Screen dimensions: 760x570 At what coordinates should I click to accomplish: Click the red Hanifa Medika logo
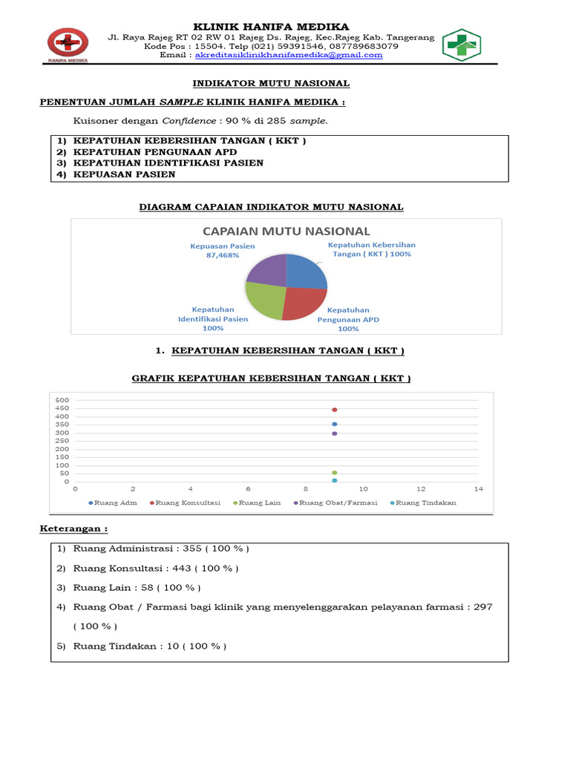(68, 45)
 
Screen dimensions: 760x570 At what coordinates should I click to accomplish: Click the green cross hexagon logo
(462, 45)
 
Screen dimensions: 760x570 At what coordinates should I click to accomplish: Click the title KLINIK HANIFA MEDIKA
(271, 27)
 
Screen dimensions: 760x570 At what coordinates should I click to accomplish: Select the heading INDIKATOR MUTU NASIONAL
(271, 84)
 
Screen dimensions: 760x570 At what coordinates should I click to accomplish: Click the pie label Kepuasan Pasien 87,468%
(222, 251)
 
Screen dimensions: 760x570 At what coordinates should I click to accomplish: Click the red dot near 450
(335, 410)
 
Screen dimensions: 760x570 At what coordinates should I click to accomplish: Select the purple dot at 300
(335, 433)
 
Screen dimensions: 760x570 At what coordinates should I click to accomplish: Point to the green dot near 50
(335, 473)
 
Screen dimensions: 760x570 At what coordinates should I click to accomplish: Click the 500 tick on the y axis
(62, 400)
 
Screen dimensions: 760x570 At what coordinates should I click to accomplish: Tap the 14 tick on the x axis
(479, 489)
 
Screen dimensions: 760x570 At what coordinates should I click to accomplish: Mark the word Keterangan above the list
(73, 529)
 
